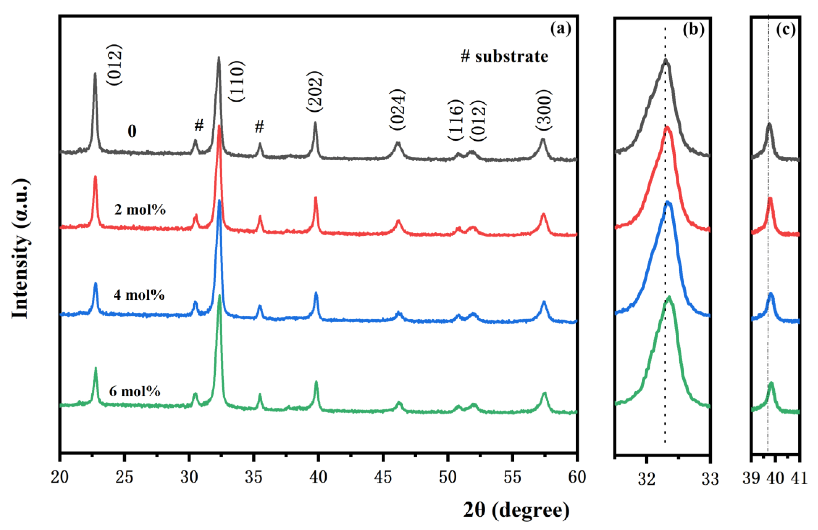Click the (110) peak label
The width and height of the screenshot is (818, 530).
pyautogui.click(x=237, y=81)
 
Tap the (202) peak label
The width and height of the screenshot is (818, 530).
pyautogui.click(x=314, y=91)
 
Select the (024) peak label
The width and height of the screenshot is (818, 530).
pyautogui.click(x=398, y=110)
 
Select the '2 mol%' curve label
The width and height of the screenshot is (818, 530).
pyautogui.click(x=140, y=210)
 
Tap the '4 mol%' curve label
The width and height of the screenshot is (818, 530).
pyautogui.click(x=139, y=295)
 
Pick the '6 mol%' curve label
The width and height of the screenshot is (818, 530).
pyautogui.click(x=135, y=391)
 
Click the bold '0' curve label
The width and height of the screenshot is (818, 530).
pyautogui.click(x=132, y=131)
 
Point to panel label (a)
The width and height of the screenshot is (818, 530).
pyautogui.click(x=561, y=29)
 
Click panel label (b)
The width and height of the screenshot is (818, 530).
pyautogui.click(x=693, y=30)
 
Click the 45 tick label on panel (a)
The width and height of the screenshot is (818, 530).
pyautogui.click(x=383, y=477)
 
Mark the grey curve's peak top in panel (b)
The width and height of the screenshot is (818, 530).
pyautogui.click(x=666, y=60)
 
